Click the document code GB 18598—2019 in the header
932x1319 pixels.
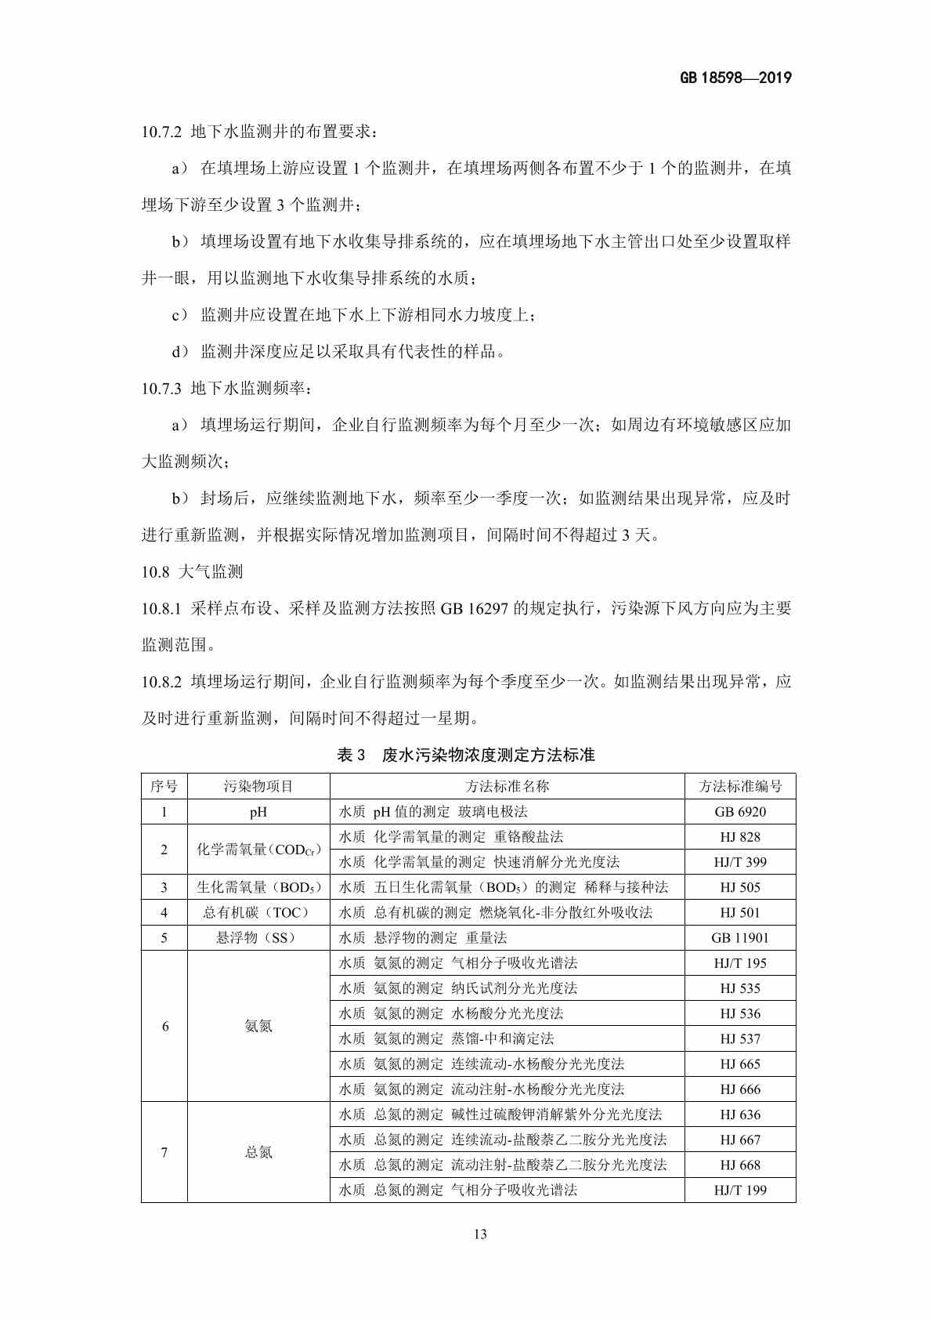tap(735, 78)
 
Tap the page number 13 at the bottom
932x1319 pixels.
tap(480, 1234)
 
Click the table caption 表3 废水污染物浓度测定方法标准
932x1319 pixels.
tap(466, 756)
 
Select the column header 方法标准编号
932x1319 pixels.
tap(740, 787)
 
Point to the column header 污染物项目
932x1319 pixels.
tap(258, 787)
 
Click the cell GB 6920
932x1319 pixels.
tap(740, 812)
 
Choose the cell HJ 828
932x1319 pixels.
tap(740, 837)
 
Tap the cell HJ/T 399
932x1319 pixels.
tap(740, 862)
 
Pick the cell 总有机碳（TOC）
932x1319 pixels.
tap(258, 912)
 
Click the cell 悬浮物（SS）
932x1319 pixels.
tap(258, 937)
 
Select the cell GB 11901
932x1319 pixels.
tap(740, 937)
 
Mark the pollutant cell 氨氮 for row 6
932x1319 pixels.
tap(258, 1026)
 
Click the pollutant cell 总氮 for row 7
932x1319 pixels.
tap(258, 1152)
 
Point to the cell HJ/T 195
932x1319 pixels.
tap(740, 963)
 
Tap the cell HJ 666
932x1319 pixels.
tap(740, 1089)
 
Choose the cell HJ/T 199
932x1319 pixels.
tap(740, 1190)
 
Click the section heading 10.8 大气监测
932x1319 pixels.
tap(192, 572)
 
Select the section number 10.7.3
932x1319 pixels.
tap(161, 389)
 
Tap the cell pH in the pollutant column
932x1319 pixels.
tap(258, 812)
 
